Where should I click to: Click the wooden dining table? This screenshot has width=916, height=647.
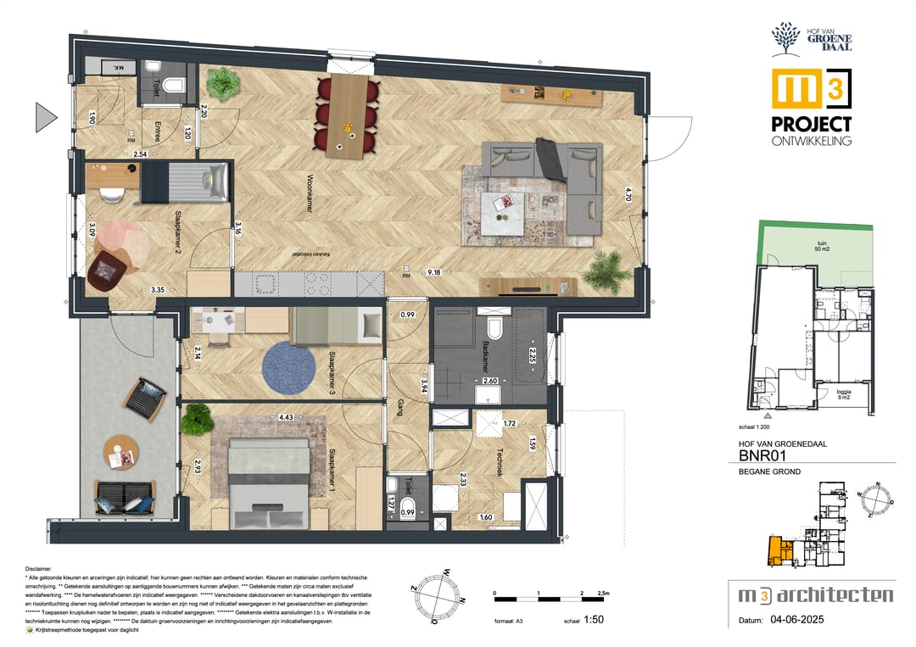pos(346,114)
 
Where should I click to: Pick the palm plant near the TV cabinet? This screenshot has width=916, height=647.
pos(608,270)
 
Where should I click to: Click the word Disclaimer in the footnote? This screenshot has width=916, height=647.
pos(39,570)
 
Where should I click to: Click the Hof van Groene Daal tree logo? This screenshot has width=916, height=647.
pos(785,38)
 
